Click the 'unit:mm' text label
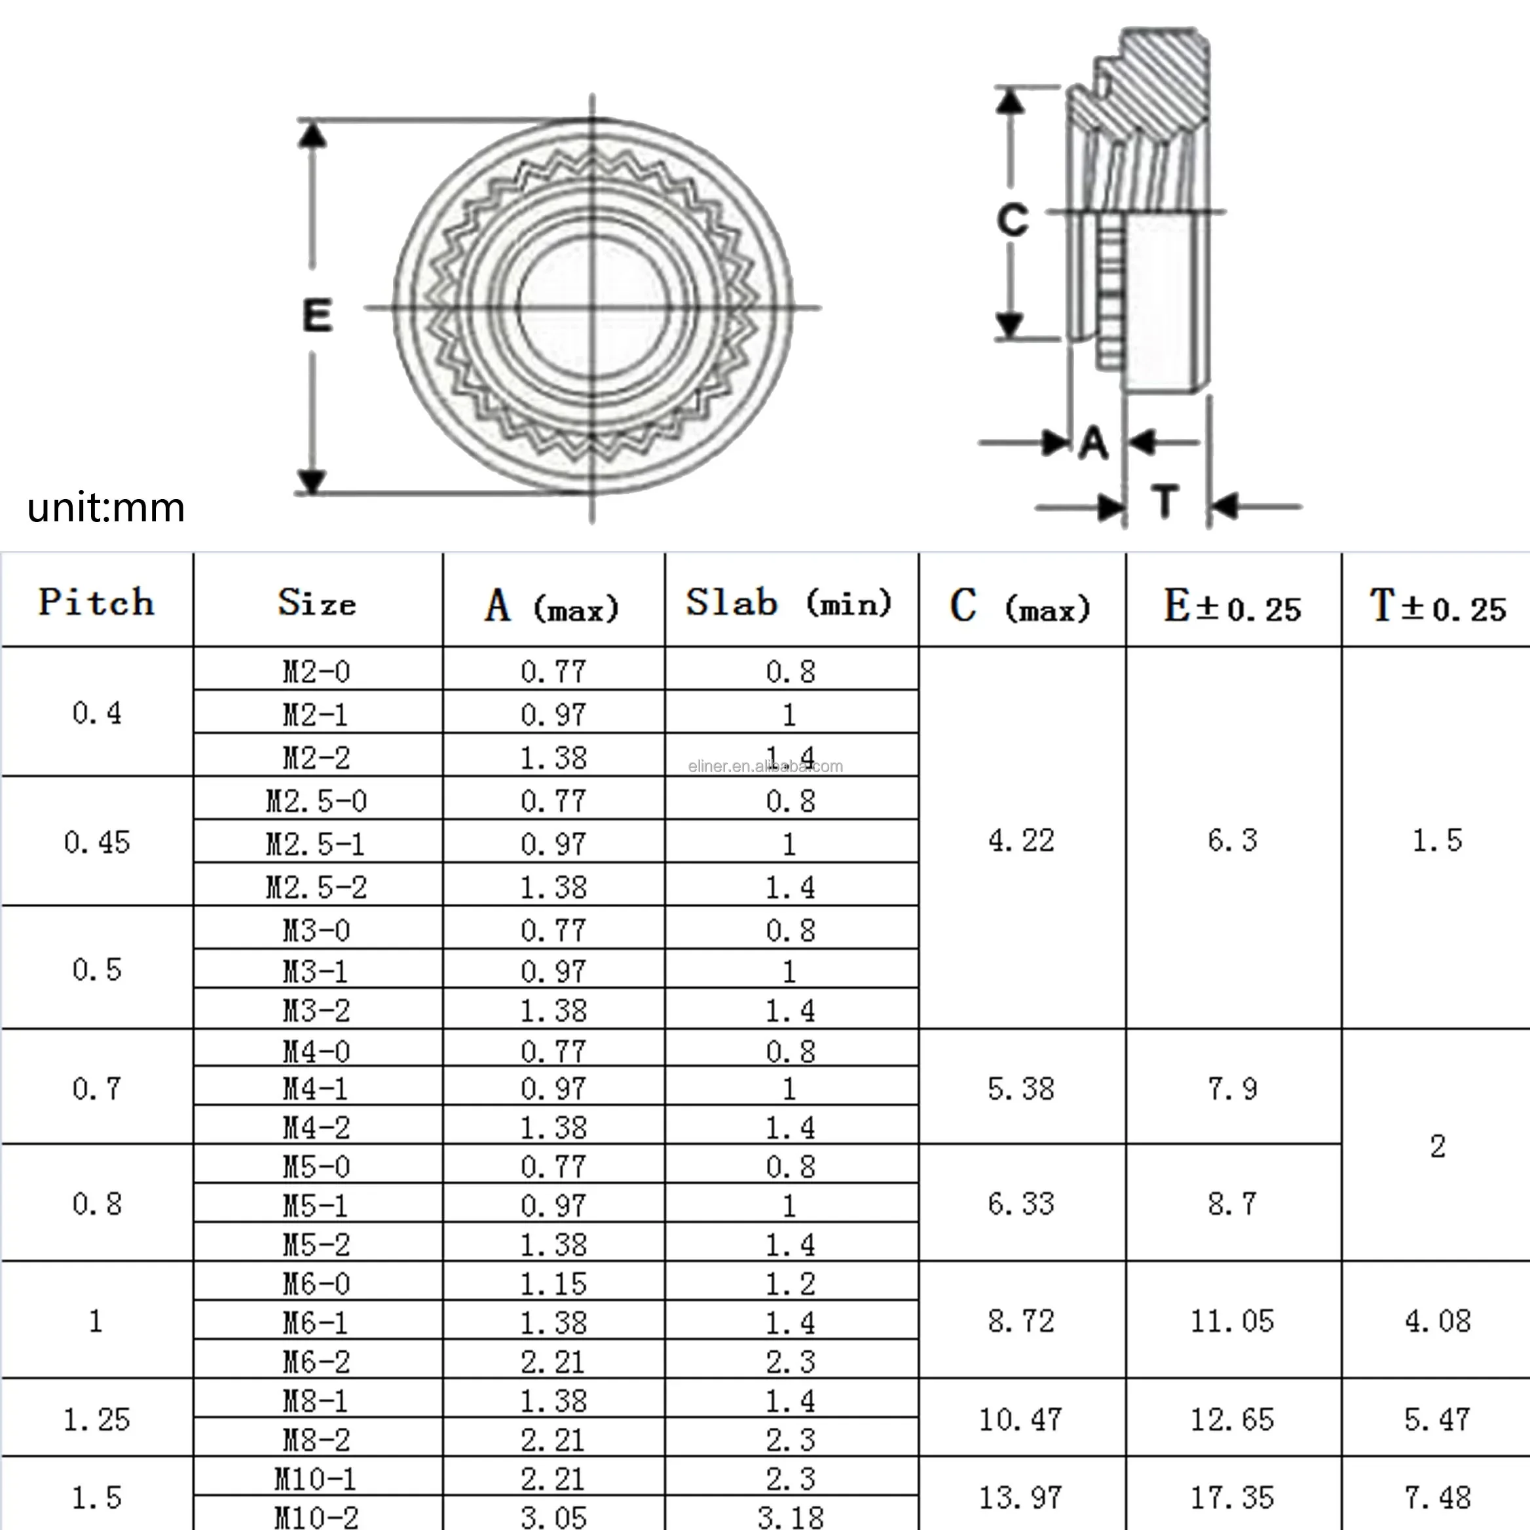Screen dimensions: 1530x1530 click(105, 508)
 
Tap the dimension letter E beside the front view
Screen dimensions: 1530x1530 click(317, 315)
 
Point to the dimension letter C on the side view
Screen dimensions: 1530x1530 click(1012, 219)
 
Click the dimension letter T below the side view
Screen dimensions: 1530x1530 click(1165, 501)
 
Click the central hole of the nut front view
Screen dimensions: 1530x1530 click(592, 307)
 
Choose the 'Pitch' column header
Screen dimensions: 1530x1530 click(97, 602)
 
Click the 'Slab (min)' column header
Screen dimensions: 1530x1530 click(789, 603)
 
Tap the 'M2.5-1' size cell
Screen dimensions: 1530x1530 click(316, 844)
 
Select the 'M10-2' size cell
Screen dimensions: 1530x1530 click(316, 1516)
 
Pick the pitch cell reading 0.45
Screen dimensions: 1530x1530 click(97, 842)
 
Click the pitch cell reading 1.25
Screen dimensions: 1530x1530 click(97, 1419)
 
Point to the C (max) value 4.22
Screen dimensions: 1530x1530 click(1021, 840)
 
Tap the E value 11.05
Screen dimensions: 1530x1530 click(1232, 1321)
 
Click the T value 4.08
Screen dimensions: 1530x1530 click(1438, 1321)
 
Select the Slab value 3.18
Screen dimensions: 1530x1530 click(789, 1516)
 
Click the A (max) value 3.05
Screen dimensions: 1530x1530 click(553, 1516)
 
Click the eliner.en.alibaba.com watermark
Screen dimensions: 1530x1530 click(765, 766)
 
